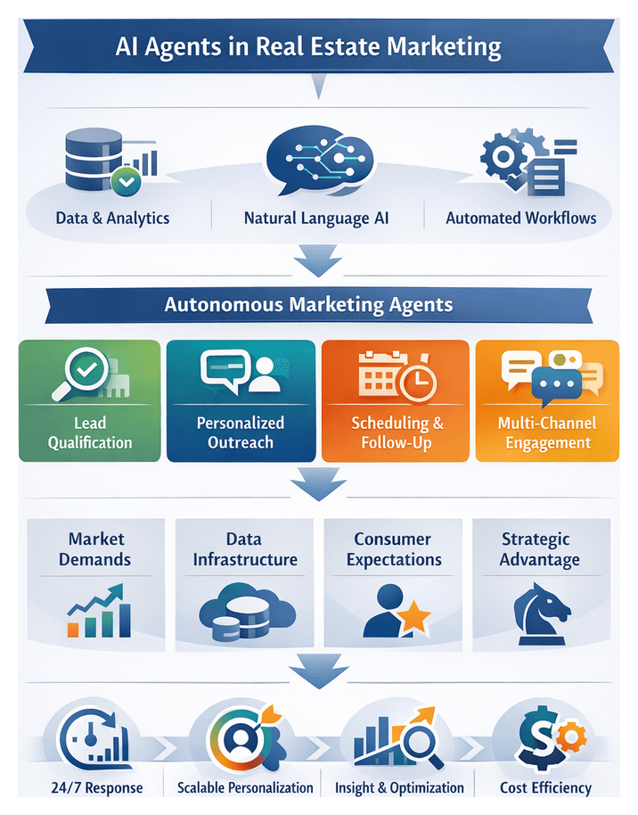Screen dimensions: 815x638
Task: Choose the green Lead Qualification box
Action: coord(89,400)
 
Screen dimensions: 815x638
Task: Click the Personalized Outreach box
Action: coord(241,400)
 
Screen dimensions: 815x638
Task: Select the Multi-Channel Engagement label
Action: coord(547,432)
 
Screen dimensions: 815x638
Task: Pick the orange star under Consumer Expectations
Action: coord(413,616)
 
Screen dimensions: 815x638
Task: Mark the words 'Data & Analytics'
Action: coord(112,218)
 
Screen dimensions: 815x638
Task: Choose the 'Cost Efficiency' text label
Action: coord(545,788)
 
